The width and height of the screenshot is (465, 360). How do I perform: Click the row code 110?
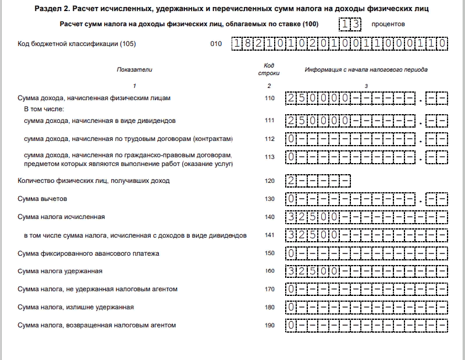point(269,98)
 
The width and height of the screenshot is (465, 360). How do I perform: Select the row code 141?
point(269,235)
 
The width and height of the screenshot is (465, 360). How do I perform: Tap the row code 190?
point(269,325)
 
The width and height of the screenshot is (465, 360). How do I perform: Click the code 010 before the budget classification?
point(216,44)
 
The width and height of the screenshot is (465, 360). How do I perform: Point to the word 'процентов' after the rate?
point(388,24)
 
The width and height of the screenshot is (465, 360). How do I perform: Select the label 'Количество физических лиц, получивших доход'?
point(94,181)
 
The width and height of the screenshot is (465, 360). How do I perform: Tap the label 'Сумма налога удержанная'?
point(61,271)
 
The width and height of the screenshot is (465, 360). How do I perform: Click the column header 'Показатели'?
point(134,69)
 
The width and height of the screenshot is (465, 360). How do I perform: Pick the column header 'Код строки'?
point(269,69)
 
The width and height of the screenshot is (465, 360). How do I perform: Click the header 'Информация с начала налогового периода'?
point(366,69)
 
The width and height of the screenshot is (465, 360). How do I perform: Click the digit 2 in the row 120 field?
point(291,181)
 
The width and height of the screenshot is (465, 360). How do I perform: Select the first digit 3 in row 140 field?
point(291,217)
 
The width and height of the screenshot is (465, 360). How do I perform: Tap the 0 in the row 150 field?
point(291,253)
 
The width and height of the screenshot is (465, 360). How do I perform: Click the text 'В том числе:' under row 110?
point(43,109)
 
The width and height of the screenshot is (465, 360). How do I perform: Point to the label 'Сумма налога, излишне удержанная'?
point(76,307)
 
